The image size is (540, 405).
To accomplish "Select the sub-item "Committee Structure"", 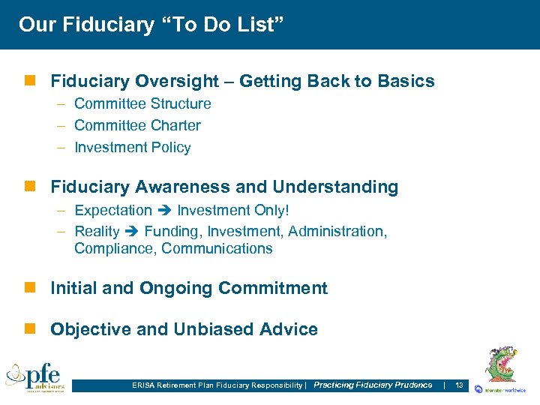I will pyautogui.click(x=142, y=103).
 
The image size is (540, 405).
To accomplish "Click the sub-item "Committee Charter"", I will pyautogui.click(x=137, y=125).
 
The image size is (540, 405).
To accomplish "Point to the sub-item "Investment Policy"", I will pyautogui.click(x=133, y=147).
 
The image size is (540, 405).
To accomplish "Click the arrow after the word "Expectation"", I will pyautogui.click(x=164, y=210).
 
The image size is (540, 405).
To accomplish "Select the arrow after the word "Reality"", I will pyautogui.click(x=132, y=232).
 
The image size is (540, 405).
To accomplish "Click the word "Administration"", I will pyautogui.click(x=336, y=232).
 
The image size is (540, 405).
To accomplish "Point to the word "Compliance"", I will pyautogui.click(x=114, y=248).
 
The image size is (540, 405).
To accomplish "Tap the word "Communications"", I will pyautogui.click(x=217, y=248).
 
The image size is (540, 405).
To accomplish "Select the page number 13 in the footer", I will pyautogui.click(x=460, y=385).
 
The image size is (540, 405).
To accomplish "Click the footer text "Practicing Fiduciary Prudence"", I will pyautogui.click(x=373, y=385).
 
